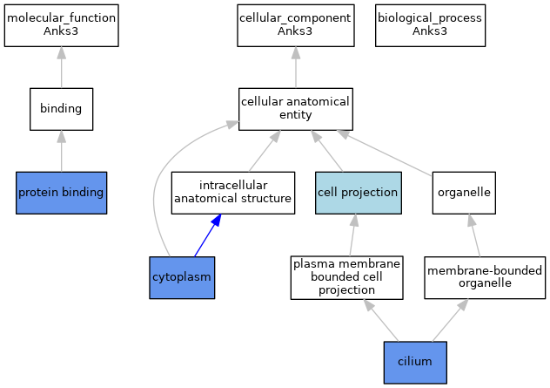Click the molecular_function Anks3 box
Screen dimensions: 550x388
[x=62, y=25]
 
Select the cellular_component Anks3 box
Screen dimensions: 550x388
[x=296, y=25]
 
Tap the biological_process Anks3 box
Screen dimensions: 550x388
[x=431, y=25]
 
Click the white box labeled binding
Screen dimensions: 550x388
[x=62, y=109]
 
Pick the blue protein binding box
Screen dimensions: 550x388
[x=62, y=193]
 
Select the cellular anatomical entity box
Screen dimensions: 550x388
[x=296, y=109]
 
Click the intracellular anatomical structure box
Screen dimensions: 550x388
[x=233, y=193]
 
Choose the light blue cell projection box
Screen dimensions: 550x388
[x=359, y=193]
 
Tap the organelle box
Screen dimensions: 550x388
[x=464, y=193]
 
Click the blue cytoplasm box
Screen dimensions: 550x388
[x=182, y=277]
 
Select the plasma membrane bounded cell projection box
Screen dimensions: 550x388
[x=347, y=277]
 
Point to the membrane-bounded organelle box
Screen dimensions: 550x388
[x=485, y=277]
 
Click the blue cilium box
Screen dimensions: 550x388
[x=415, y=363]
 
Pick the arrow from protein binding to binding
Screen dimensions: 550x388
[x=62, y=151]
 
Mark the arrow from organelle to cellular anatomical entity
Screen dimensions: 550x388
[x=385, y=153]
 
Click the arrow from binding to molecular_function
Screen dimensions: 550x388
[x=62, y=67]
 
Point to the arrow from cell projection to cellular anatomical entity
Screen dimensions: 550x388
[x=327, y=151]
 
